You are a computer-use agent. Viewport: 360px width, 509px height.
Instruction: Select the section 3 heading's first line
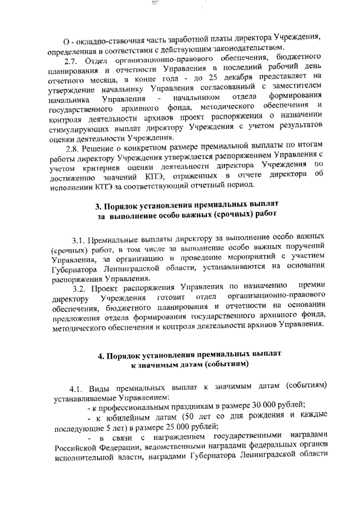[x=188, y=202]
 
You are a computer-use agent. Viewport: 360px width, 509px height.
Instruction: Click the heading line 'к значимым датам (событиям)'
[x=188, y=364]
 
